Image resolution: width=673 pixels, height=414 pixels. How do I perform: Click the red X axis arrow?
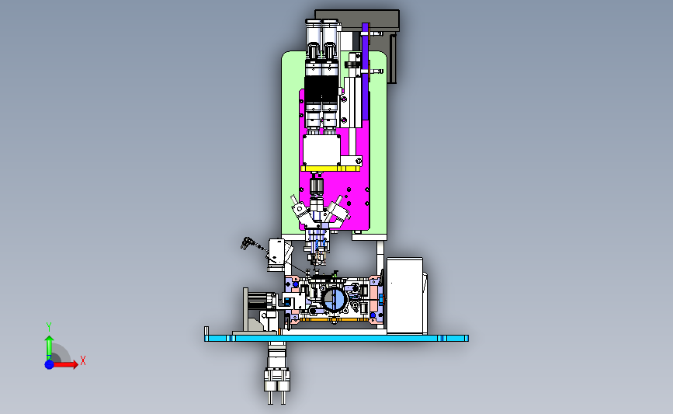click(64, 364)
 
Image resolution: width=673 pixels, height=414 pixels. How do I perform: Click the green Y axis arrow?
click(49, 348)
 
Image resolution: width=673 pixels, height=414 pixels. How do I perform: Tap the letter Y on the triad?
click(48, 327)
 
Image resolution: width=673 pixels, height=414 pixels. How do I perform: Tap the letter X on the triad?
click(83, 360)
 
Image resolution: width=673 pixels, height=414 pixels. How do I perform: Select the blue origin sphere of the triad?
click(50, 364)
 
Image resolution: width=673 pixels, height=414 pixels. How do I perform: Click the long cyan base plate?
click(336, 339)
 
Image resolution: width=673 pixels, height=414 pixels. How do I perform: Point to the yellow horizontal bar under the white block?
click(330, 169)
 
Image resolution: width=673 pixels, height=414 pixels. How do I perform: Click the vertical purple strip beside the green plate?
click(366, 71)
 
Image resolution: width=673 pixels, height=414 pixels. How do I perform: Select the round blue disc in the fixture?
click(334, 299)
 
